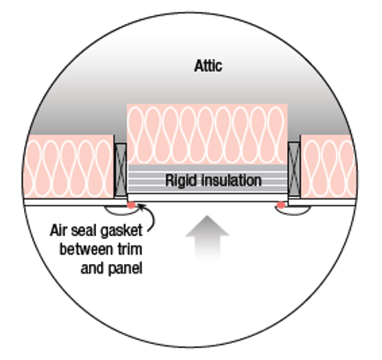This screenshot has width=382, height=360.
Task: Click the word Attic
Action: (x=208, y=66)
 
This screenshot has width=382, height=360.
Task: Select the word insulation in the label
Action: (x=231, y=180)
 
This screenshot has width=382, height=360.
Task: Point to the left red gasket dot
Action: (x=131, y=205)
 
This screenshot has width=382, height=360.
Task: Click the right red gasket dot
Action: (x=281, y=205)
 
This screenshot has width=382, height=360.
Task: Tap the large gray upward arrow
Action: (x=207, y=238)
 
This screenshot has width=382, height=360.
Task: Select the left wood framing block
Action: (x=120, y=170)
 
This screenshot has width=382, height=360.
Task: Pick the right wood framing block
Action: (x=294, y=169)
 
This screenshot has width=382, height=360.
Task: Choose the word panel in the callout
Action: (x=125, y=269)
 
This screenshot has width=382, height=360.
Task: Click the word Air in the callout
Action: (x=58, y=230)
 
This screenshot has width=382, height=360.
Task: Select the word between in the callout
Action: (x=86, y=250)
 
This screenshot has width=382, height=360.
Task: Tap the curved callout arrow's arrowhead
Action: (x=140, y=206)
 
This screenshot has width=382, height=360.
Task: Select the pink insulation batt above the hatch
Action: (x=207, y=134)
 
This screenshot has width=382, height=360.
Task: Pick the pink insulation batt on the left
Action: (x=69, y=166)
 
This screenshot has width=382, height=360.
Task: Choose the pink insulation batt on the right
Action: (x=329, y=166)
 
